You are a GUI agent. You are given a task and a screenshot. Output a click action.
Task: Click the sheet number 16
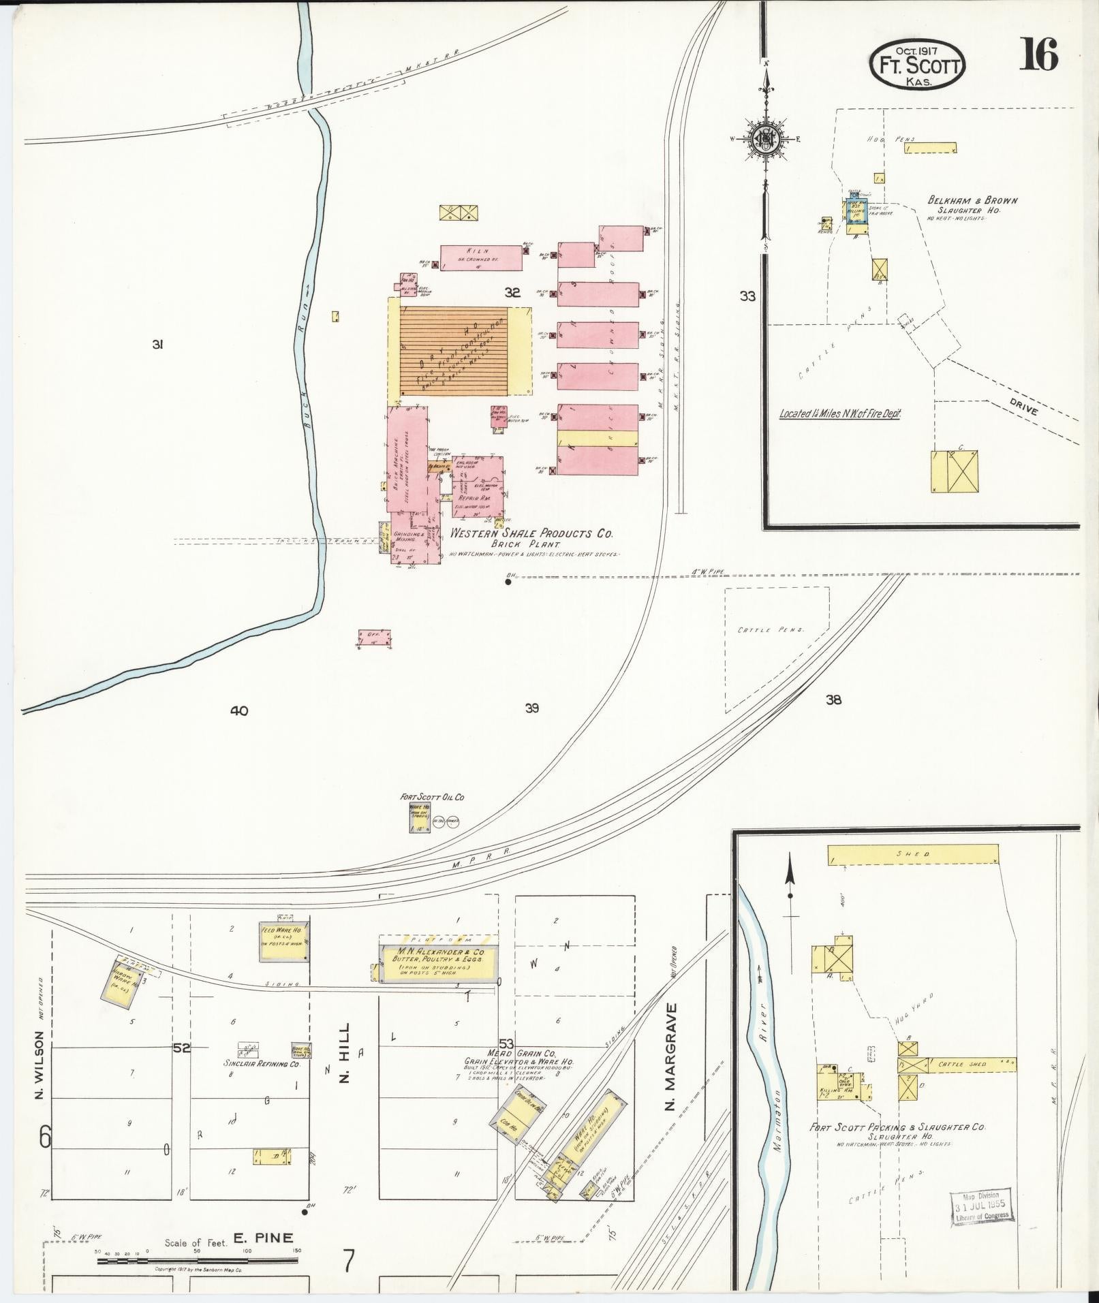click(1038, 55)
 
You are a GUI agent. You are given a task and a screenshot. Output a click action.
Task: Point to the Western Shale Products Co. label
click(531, 534)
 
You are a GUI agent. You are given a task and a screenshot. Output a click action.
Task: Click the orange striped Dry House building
click(454, 350)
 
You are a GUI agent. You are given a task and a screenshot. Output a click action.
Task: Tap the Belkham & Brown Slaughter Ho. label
click(972, 205)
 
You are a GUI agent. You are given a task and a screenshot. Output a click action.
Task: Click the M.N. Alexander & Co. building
click(435, 964)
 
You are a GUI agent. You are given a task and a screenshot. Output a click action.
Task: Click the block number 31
click(157, 345)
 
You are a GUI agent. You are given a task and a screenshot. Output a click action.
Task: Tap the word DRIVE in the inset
click(1023, 410)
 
